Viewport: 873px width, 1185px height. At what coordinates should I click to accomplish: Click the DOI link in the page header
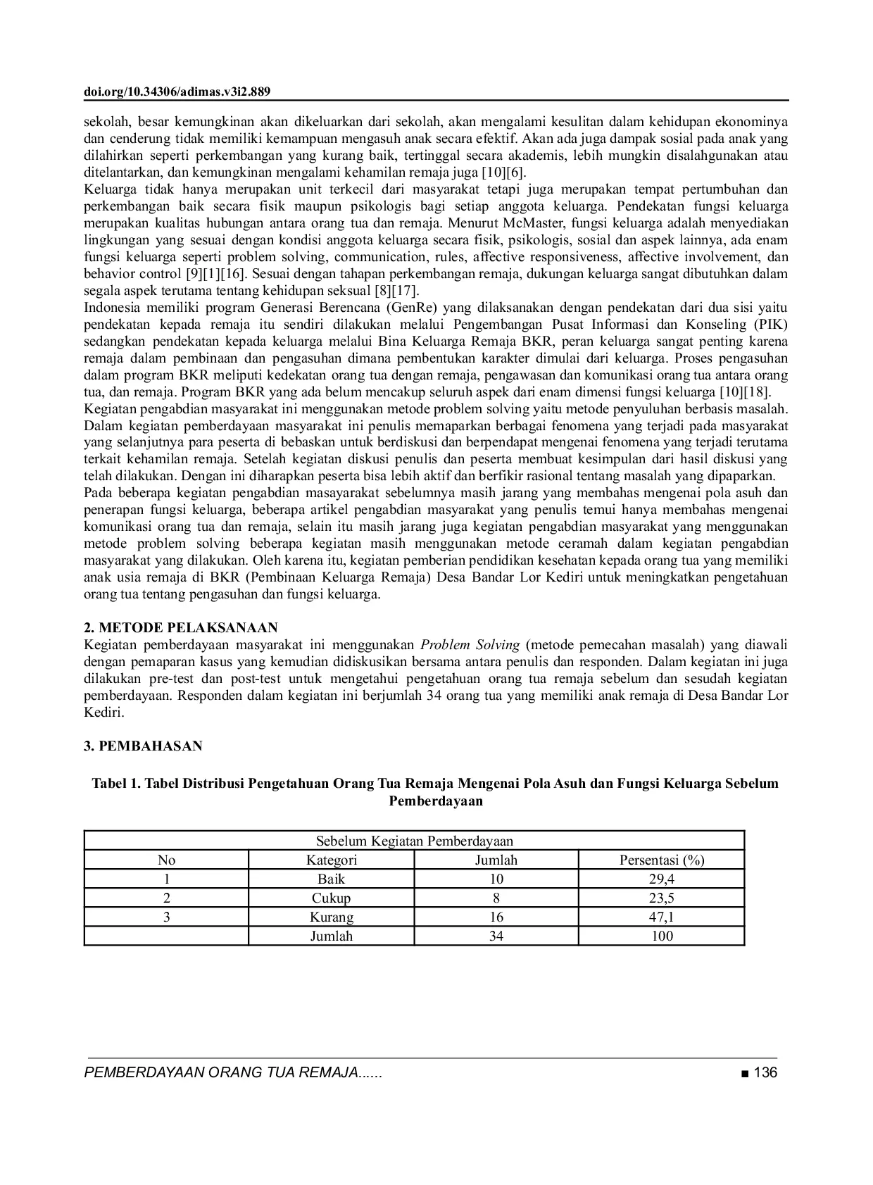[x=177, y=92]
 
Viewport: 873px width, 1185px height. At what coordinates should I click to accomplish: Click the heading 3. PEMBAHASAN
[x=143, y=746]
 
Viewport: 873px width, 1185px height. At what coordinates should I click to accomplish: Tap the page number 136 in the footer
[x=765, y=1073]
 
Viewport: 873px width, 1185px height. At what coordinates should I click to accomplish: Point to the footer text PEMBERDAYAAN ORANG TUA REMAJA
[x=232, y=1073]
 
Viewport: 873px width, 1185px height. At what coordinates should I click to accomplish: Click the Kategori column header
[x=332, y=860]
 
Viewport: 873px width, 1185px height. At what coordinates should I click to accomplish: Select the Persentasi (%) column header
[x=662, y=860]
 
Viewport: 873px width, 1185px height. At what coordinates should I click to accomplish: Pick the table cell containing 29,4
[x=662, y=879]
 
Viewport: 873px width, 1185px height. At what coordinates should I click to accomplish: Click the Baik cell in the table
[x=332, y=879]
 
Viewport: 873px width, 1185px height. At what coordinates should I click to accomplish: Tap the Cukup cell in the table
[x=332, y=898]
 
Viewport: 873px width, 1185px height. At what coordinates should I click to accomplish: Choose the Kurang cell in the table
[x=332, y=917]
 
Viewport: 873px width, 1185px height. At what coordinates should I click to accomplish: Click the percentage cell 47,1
[x=662, y=917]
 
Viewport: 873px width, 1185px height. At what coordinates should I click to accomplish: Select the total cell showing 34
[x=496, y=936]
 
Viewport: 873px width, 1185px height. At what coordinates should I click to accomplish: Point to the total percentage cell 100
[x=662, y=936]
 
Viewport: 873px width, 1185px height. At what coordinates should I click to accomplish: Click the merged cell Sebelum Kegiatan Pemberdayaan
[x=414, y=841]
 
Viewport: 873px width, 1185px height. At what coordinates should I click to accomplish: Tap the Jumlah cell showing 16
[x=496, y=917]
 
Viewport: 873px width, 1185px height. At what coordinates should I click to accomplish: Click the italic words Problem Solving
[x=470, y=645]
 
